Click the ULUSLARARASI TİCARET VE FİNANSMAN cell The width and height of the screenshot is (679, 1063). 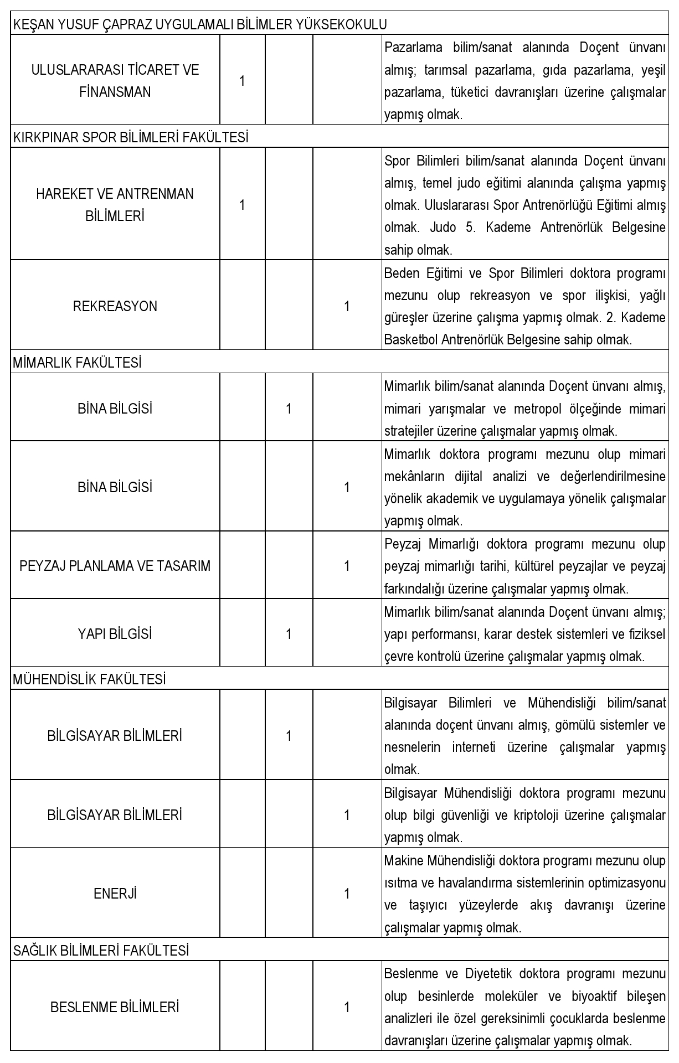tap(115, 81)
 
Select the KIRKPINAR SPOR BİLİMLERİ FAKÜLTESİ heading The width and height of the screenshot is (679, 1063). tap(130, 137)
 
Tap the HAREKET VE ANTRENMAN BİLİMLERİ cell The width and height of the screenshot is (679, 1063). tap(115, 205)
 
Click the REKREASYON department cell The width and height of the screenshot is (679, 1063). tap(115, 306)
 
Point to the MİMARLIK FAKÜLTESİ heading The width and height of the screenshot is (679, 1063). tap(77, 363)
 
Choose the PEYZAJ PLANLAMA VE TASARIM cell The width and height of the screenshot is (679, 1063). tap(115, 566)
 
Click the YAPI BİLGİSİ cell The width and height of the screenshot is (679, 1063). tap(115, 634)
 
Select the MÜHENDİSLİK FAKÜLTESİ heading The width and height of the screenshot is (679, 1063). tap(89, 679)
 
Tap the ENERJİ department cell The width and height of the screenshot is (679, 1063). tap(115, 894)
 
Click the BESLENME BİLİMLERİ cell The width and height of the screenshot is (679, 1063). tap(115, 1007)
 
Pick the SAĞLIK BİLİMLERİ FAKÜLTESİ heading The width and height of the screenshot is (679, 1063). tap(101, 951)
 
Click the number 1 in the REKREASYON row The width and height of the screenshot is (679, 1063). tap(347, 306)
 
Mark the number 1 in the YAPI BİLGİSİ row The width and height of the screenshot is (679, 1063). tap(289, 634)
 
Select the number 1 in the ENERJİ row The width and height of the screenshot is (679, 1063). tap(347, 894)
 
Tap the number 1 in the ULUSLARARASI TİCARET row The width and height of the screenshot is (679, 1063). tap(242, 81)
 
